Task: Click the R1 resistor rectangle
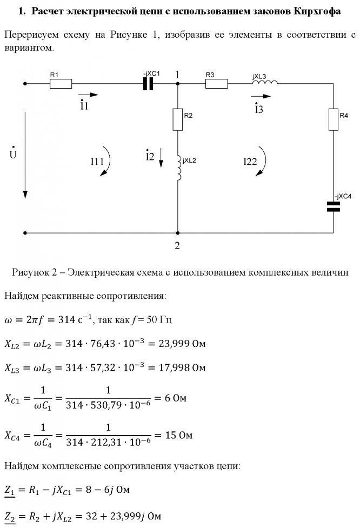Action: coord(61,84)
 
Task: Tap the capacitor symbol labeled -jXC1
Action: coord(148,84)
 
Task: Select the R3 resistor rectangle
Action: coord(217,84)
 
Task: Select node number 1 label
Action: coord(177,74)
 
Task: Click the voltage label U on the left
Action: coord(12,155)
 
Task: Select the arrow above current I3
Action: coord(259,97)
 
